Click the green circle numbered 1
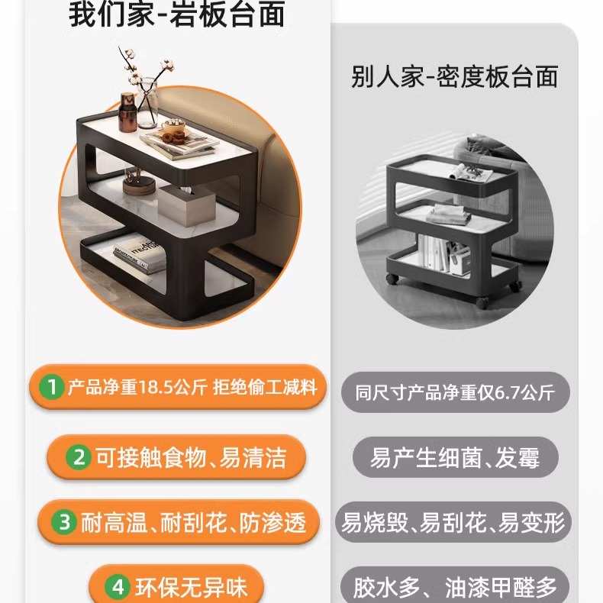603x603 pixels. point(51,387)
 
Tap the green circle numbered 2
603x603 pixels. point(79,457)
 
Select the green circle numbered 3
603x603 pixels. point(66,522)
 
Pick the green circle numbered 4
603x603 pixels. point(118,587)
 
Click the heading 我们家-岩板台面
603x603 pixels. point(177,15)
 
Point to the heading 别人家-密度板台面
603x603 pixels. point(455,76)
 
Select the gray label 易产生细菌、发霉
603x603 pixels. point(455,458)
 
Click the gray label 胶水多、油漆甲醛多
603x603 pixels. point(455,587)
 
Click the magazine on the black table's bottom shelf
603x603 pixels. point(140,257)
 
